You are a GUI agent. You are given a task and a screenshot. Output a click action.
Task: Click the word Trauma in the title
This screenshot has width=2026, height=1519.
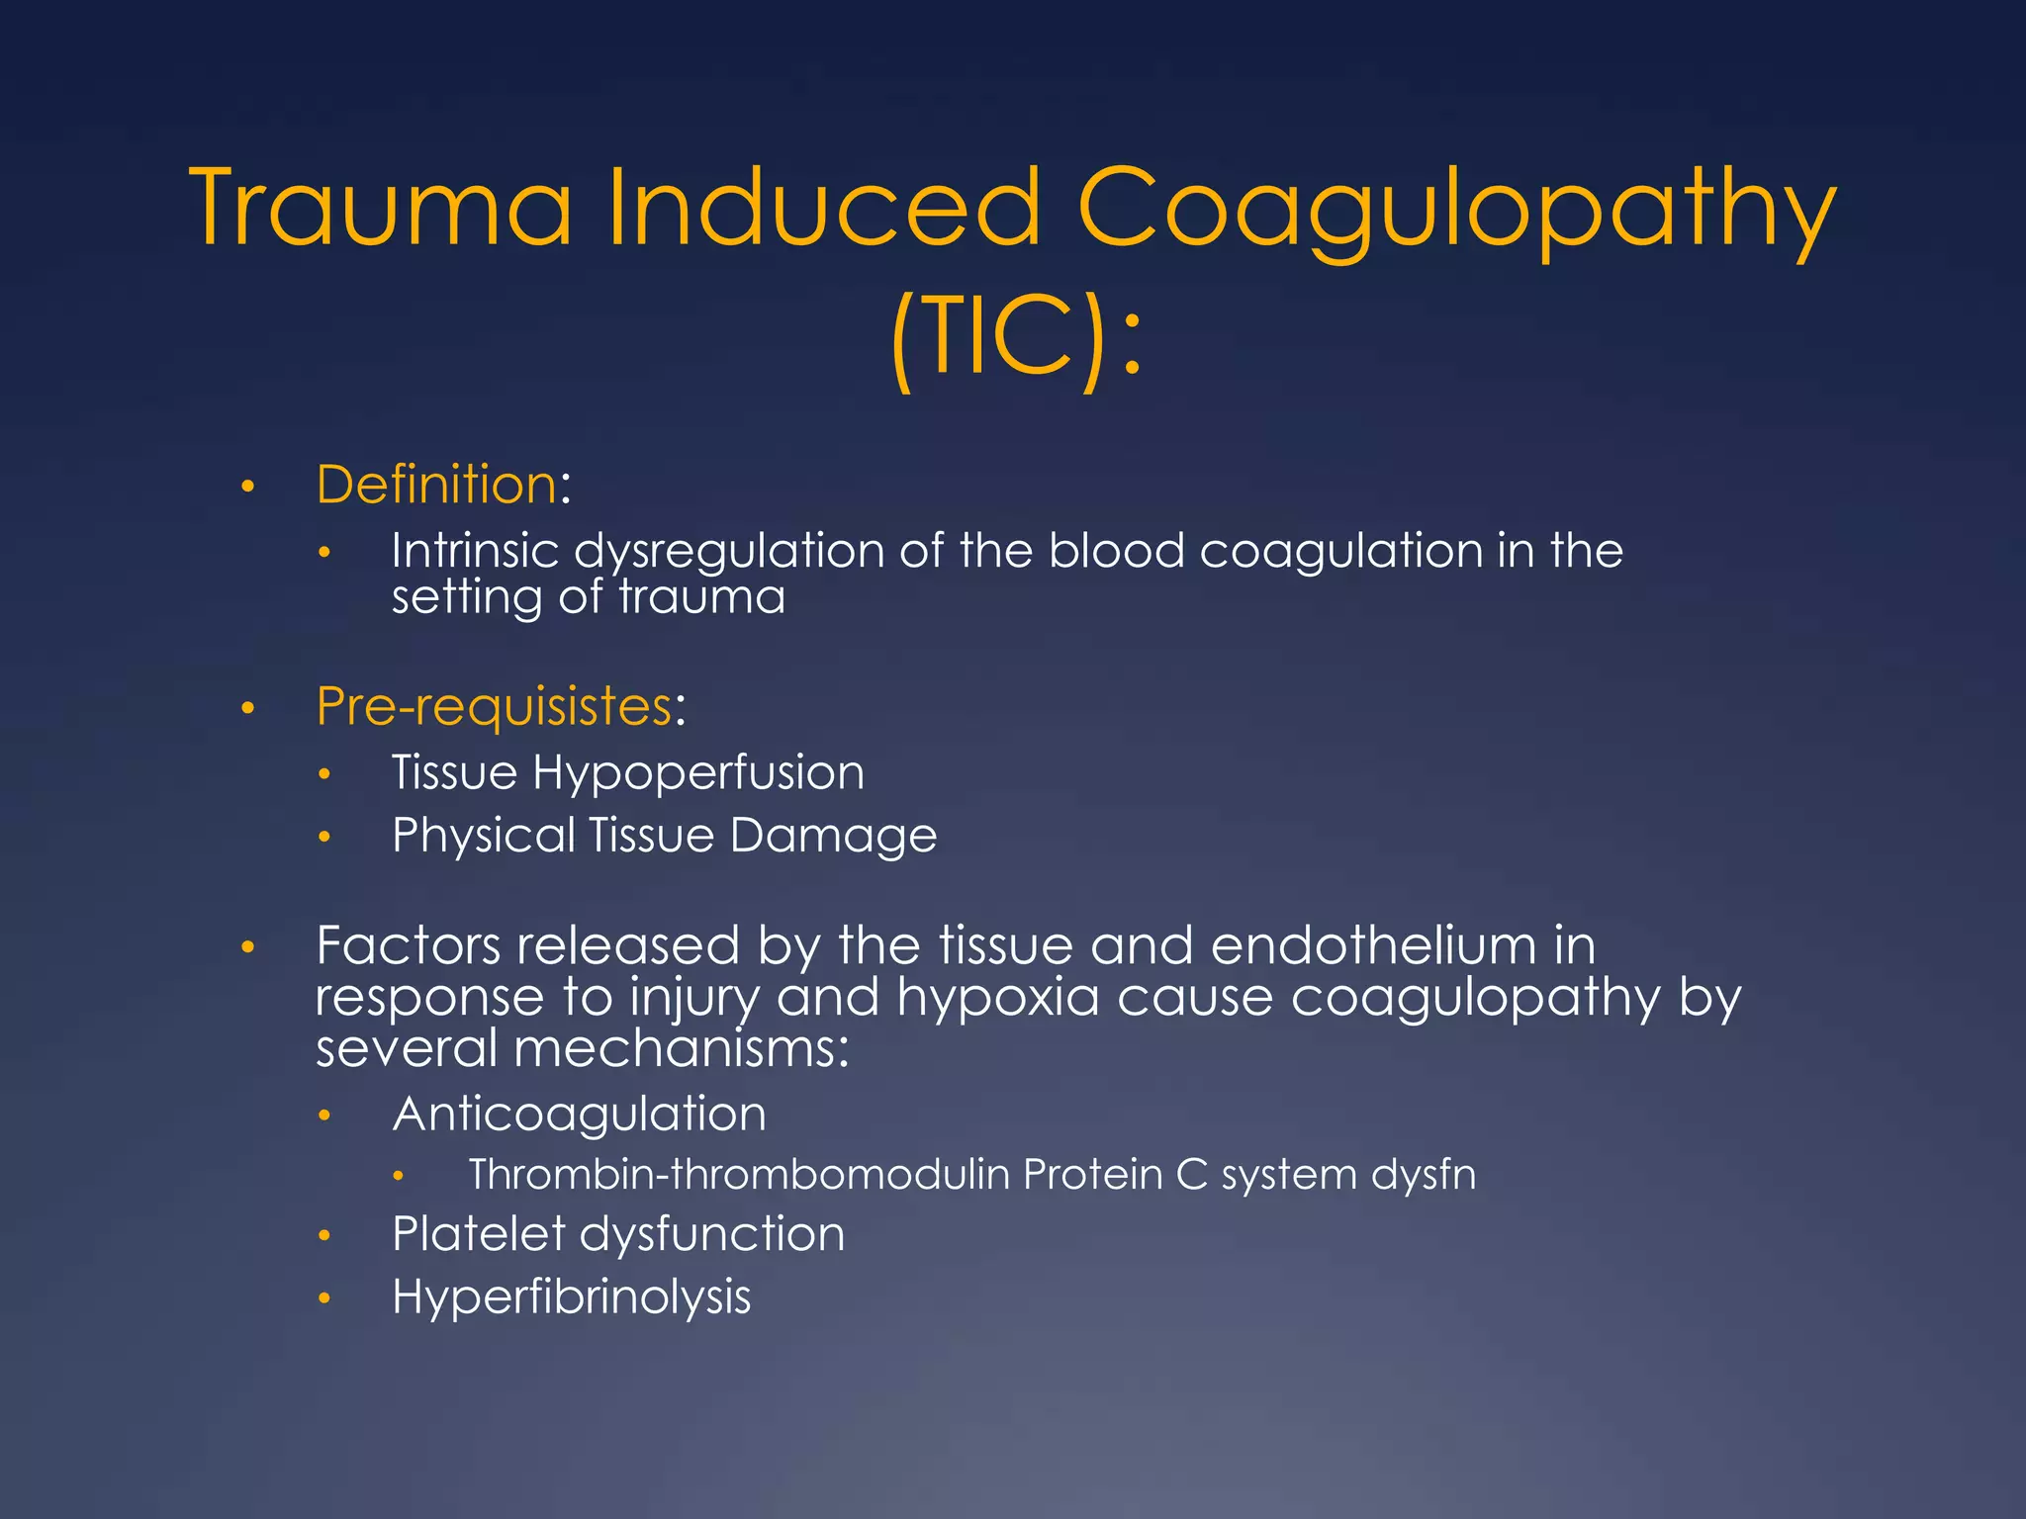click(x=382, y=209)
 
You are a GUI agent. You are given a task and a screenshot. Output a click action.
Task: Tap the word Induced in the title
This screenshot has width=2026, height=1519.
click(x=823, y=209)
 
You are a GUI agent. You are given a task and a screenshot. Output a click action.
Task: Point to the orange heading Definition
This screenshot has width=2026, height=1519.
click(x=436, y=485)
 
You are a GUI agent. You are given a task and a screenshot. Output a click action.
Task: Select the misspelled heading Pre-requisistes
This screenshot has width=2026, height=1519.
click(x=494, y=706)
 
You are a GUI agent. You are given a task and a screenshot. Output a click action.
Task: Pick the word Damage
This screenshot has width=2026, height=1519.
click(x=833, y=837)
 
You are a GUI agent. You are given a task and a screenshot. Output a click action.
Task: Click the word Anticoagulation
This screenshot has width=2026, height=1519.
click(x=579, y=1115)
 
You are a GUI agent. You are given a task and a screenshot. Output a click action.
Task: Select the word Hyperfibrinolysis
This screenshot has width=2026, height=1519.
click(x=571, y=1297)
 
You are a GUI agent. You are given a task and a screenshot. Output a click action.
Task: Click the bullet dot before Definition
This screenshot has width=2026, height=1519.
click(x=248, y=487)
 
